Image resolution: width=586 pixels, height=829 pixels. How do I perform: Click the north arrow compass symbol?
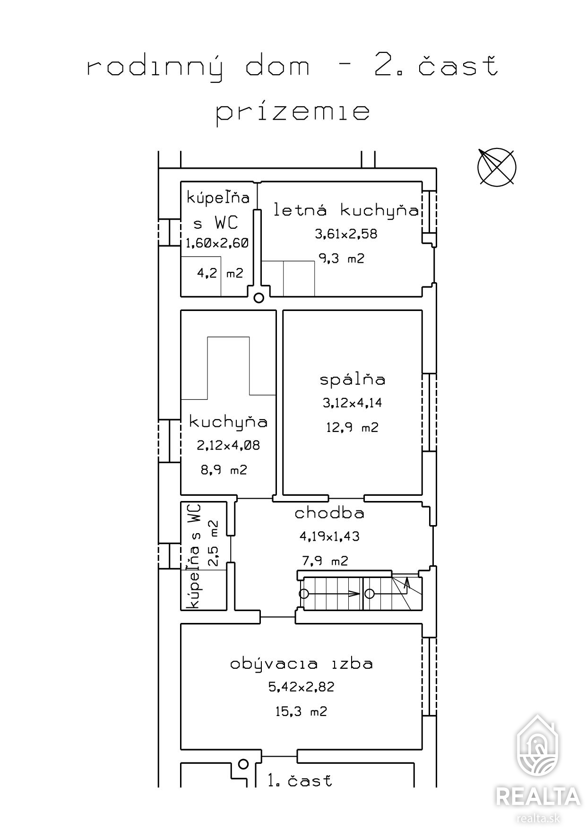[496, 167]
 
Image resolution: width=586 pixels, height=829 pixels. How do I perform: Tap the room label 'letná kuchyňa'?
[346, 210]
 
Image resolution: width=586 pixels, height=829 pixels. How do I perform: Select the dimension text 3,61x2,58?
[346, 234]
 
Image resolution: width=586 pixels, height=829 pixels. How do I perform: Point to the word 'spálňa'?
[352, 379]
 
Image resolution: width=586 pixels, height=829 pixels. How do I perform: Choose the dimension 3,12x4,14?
[352, 403]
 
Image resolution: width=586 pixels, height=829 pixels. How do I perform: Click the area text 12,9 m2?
[352, 428]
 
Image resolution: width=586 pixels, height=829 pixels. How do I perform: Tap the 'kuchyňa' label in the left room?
[228, 421]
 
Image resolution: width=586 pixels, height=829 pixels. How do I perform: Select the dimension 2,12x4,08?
[228, 446]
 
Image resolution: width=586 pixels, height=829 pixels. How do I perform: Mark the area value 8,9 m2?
[224, 470]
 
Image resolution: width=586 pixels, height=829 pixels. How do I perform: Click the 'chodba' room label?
[329, 513]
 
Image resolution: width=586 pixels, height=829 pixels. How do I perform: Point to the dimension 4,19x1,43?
[329, 536]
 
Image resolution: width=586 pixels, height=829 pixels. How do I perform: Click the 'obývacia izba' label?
[302, 663]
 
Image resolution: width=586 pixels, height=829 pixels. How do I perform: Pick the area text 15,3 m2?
[302, 711]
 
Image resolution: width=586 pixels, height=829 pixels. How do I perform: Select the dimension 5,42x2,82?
[302, 687]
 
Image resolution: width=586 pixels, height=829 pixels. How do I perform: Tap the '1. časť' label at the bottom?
[300, 780]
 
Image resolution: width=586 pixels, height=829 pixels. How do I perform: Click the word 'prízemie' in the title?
[293, 113]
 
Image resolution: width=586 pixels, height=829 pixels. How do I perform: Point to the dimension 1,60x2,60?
[217, 243]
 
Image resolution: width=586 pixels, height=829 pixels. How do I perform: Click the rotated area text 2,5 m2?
[213, 544]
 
